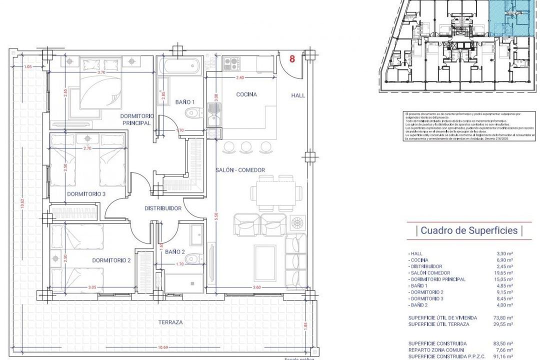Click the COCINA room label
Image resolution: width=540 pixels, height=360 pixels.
point(246,94)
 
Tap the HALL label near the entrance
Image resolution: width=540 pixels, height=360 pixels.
point(298,95)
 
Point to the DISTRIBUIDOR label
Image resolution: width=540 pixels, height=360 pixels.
point(162,208)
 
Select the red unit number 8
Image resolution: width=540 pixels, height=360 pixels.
point(292,58)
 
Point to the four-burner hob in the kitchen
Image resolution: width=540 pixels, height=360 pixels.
point(231,63)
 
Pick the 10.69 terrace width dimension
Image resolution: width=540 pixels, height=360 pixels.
point(161,346)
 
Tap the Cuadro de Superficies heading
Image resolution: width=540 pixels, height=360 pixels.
point(469,230)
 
